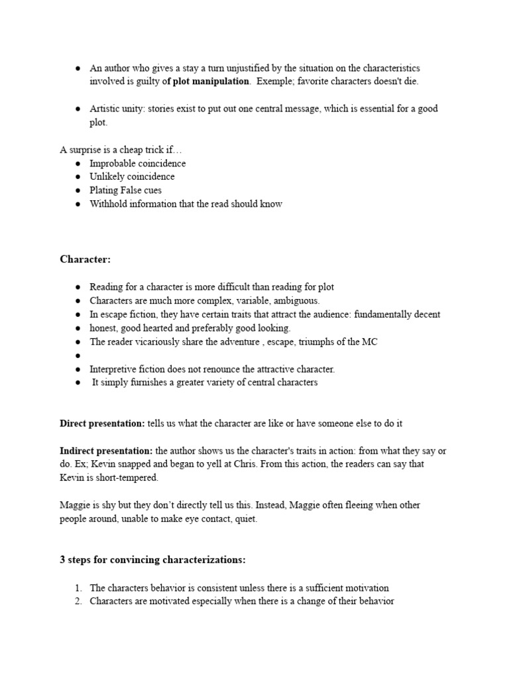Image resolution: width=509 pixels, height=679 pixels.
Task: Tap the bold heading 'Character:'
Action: (84, 259)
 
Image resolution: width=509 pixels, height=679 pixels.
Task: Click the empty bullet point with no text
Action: (78, 356)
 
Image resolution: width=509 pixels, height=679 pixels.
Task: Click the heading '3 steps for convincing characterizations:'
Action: (152, 560)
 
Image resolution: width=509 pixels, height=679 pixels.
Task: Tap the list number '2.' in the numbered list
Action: (78, 601)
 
